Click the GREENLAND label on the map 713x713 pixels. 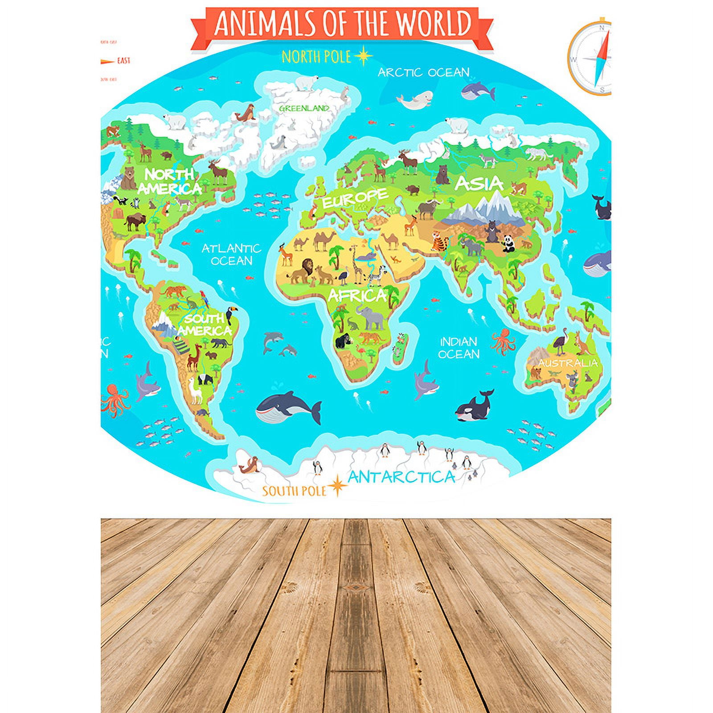click(304, 108)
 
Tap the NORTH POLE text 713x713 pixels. click(316, 57)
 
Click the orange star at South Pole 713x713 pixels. click(337, 485)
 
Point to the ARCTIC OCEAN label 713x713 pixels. click(423, 72)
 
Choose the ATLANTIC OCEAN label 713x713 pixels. click(231, 254)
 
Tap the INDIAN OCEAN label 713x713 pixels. click(459, 348)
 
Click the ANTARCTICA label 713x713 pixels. click(401, 477)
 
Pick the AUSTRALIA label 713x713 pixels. click(567, 363)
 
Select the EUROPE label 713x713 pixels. click(355, 198)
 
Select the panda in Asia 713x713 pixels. click(508, 243)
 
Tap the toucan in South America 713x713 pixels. click(231, 314)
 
